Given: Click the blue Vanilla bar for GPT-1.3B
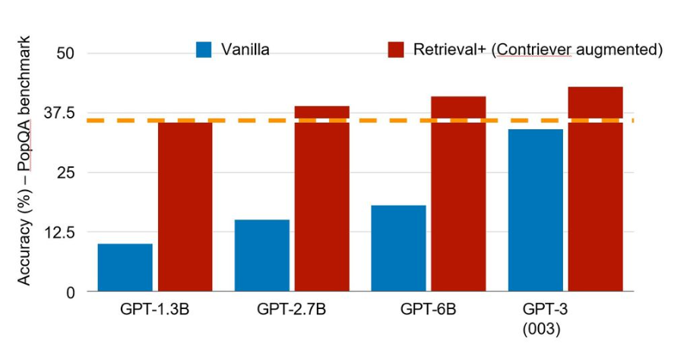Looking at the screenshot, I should point(125,267).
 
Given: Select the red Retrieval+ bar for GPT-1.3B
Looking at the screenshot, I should point(185,206).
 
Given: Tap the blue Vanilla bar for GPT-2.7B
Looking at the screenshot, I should point(262,255).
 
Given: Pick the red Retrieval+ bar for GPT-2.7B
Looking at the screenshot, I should point(321,199).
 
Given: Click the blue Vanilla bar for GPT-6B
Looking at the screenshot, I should point(398,248).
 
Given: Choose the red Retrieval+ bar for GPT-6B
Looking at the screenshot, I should point(458,194).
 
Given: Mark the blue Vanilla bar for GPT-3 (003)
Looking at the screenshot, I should point(535,210).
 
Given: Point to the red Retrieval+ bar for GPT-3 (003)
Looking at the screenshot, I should point(595,189).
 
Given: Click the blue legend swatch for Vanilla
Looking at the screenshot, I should point(204,49).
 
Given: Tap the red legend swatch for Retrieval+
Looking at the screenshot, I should point(395,49).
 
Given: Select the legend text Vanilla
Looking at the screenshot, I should point(245,49).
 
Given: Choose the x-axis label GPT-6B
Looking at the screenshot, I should point(427,310).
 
